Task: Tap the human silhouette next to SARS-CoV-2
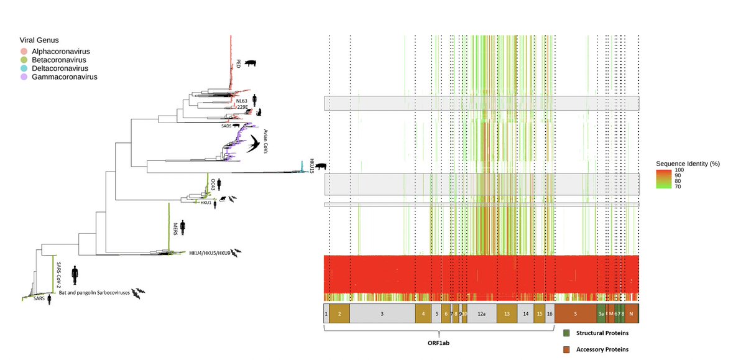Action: tap(76, 274)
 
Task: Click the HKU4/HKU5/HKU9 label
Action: tap(210, 253)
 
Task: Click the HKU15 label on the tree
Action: tap(311, 165)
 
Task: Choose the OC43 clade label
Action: tap(213, 184)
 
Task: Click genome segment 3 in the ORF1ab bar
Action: tap(382, 314)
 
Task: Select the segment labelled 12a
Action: tap(481, 314)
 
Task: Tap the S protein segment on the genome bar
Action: tap(575, 314)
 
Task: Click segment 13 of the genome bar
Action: tap(507, 314)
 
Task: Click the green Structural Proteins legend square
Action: tap(566, 333)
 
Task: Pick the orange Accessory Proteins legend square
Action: tap(566, 349)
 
